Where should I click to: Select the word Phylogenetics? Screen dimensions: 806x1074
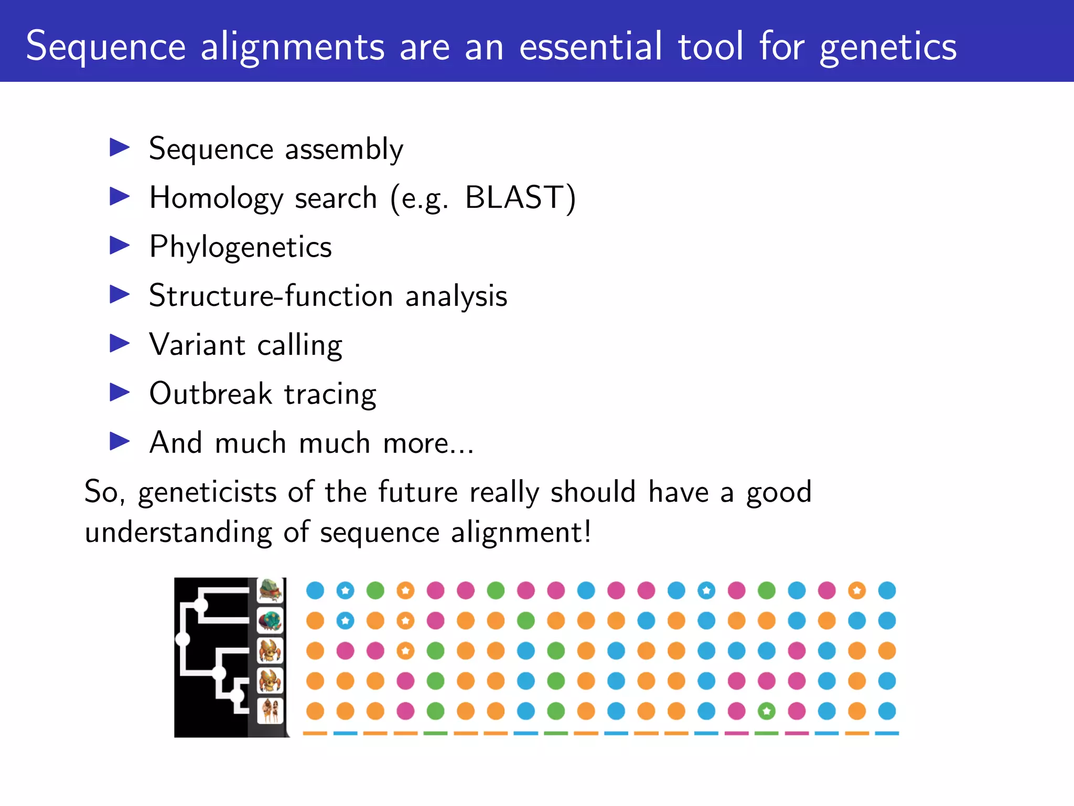coord(240,247)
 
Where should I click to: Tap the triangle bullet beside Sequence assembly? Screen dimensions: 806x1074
coord(120,147)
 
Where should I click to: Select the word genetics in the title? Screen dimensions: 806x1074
coord(888,47)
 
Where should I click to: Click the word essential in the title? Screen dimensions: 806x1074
coord(590,46)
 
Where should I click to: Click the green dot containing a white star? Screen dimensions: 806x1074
coord(767,712)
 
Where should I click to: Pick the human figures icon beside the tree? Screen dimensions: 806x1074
coord(271,710)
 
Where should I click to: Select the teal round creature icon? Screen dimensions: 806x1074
coord(271,621)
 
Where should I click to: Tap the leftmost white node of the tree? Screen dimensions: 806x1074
coord(182,639)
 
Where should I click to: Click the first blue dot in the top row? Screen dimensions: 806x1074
coord(315,590)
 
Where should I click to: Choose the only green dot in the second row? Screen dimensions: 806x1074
coord(526,621)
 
